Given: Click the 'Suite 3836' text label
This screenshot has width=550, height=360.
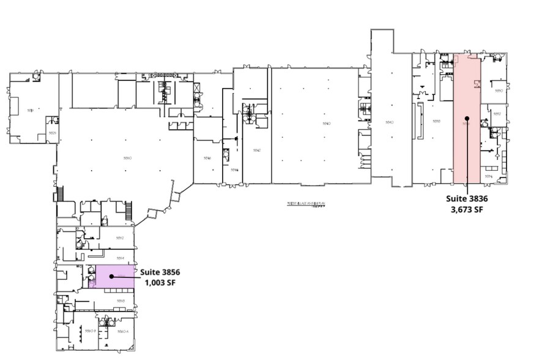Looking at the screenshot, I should (466, 198).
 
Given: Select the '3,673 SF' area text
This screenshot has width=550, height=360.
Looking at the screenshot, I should (466, 209).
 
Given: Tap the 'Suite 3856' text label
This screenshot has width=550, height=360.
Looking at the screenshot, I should (160, 272).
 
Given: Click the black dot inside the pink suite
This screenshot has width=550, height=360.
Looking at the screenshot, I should (466, 118).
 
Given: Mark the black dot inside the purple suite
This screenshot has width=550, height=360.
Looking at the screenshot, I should (111, 276).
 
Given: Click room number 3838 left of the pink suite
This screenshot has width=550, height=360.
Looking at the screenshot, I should (437, 121).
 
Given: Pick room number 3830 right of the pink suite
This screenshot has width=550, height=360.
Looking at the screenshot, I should (499, 91).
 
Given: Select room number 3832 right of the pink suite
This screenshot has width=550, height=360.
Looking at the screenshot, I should (497, 114).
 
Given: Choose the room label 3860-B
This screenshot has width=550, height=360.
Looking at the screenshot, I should (91, 331).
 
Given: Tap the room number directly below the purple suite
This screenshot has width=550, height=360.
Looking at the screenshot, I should (121, 301).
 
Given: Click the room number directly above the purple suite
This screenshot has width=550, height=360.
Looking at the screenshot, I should (121, 258).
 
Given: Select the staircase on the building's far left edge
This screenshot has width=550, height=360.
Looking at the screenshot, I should (60, 195).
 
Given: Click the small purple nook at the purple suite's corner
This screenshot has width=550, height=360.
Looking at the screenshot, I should (92, 283).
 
